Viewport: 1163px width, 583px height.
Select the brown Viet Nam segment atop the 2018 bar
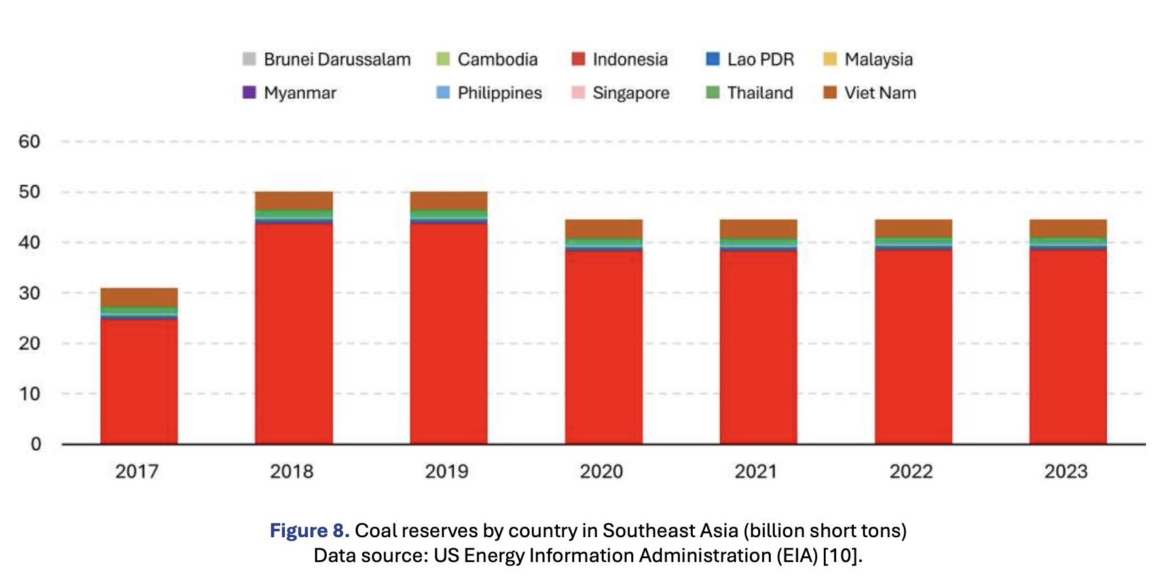click(293, 200)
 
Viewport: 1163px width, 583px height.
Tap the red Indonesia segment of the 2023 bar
click(1068, 347)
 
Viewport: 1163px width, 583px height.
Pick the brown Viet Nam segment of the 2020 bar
click(604, 228)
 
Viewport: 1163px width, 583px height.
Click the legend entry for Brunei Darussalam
click(326, 60)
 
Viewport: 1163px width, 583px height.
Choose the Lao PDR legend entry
click(750, 60)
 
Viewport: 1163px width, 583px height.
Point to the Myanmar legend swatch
click(249, 93)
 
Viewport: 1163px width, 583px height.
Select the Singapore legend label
click(631, 93)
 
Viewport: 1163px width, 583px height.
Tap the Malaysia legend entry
click(868, 60)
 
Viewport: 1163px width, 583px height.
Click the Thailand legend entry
click(750, 93)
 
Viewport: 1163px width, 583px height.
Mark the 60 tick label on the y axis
click(29, 141)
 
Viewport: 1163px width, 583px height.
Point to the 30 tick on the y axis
click(29, 293)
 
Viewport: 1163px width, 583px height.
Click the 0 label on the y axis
click(36, 444)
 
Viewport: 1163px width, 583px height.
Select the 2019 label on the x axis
click(447, 471)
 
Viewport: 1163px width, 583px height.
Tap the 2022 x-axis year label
click(911, 471)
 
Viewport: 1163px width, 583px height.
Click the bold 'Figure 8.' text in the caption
click(309, 530)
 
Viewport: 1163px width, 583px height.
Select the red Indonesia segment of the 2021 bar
click(758, 347)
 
